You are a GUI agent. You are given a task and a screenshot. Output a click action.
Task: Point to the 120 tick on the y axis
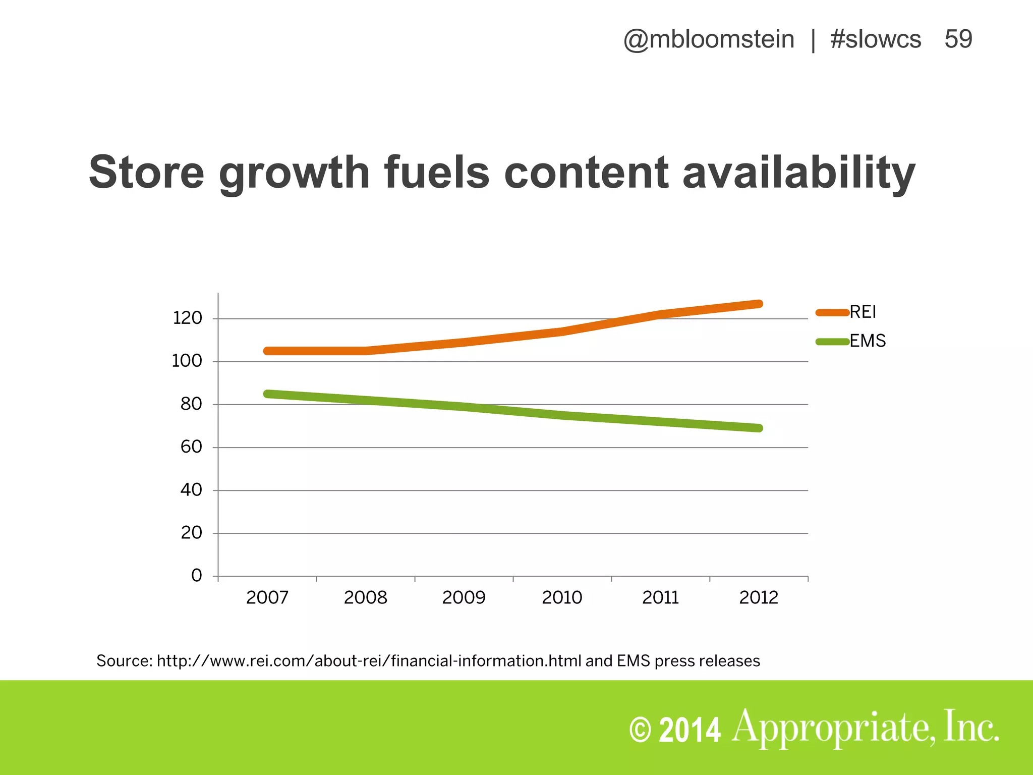tap(187, 318)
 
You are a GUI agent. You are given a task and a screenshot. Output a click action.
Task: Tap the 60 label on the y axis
tap(191, 447)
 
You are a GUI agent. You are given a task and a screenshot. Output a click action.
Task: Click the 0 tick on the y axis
tap(196, 576)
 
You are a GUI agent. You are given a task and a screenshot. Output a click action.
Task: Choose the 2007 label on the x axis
tap(267, 598)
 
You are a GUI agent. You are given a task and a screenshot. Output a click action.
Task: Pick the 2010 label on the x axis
tap(562, 598)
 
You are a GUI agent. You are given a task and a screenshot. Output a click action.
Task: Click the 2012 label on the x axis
tap(759, 598)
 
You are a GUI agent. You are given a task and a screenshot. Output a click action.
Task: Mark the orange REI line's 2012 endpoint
tap(758, 304)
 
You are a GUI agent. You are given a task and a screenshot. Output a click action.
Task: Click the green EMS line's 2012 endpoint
tap(758, 428)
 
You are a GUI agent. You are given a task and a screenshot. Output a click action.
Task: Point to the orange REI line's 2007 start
tap(267, 351)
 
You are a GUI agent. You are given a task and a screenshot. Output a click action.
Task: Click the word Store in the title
tap(146, 173)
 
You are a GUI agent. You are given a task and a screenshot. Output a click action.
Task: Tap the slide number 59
tap(958, 39)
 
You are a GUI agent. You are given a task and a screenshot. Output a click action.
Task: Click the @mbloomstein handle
tap(709, 39)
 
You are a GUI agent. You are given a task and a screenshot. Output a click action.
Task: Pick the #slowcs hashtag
tap(876, 39)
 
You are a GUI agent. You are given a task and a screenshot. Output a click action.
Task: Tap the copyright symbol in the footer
tap(640, 731)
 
